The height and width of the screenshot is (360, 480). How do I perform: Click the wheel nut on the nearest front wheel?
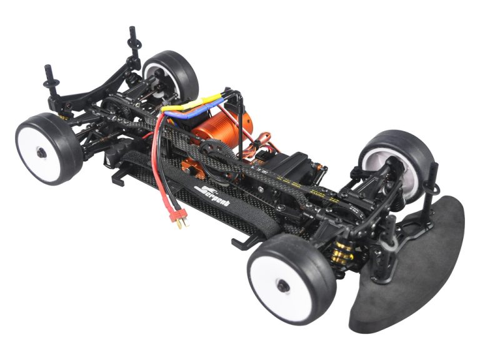(x=282, y=286)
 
